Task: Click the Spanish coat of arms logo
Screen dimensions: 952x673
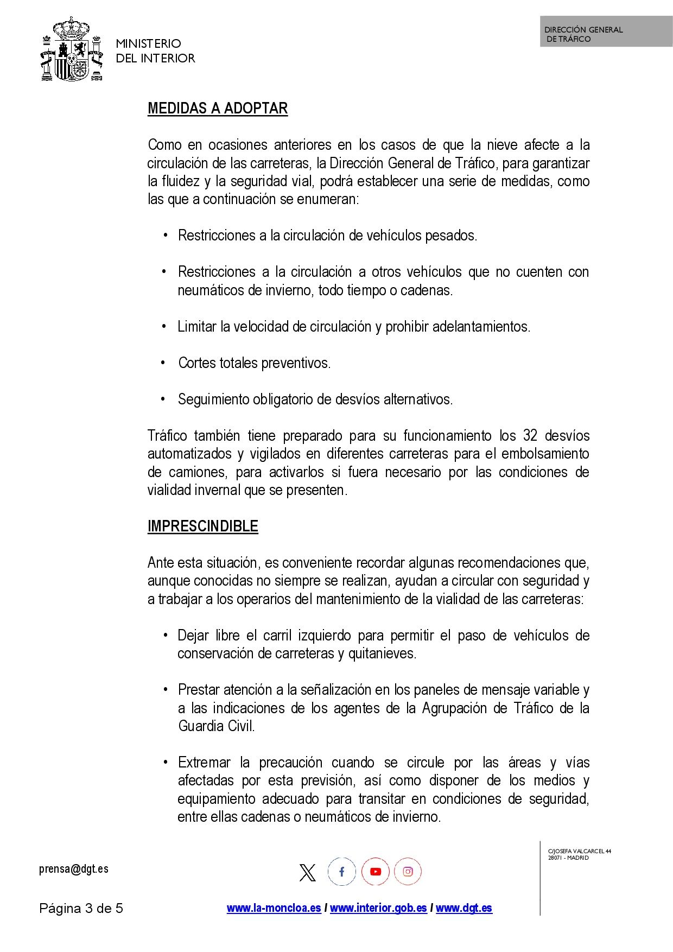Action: click(72, 50)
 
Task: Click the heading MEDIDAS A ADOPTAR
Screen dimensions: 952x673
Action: click(217, 109)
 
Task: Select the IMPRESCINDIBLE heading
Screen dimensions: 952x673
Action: click(202, 526)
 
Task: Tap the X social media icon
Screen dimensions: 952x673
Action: click(307, 873)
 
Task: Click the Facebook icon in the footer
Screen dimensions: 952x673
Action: click(341, 872)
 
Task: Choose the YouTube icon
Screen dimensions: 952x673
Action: click(375, 872)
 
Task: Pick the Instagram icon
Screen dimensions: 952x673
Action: click(408, 872)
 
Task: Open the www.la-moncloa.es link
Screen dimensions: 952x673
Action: click(274, 908)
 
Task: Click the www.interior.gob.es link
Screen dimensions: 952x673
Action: click(378, 908)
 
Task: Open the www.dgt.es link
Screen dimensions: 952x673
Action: click(464, 908)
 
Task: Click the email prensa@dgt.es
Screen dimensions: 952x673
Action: click(74, 869)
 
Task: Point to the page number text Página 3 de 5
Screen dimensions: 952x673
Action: click(81, 909)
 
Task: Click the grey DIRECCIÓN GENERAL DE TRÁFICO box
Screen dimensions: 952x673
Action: click(606, 31)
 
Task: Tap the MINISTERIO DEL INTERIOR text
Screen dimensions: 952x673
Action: click(155, 51)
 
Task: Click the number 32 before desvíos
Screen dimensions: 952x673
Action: click(530, 436)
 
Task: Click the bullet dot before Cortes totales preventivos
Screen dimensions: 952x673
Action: click(163, 363)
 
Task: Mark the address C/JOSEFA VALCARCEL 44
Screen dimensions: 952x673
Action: click(580, 851)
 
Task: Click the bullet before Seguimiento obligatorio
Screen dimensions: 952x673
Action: click(163, 399)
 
